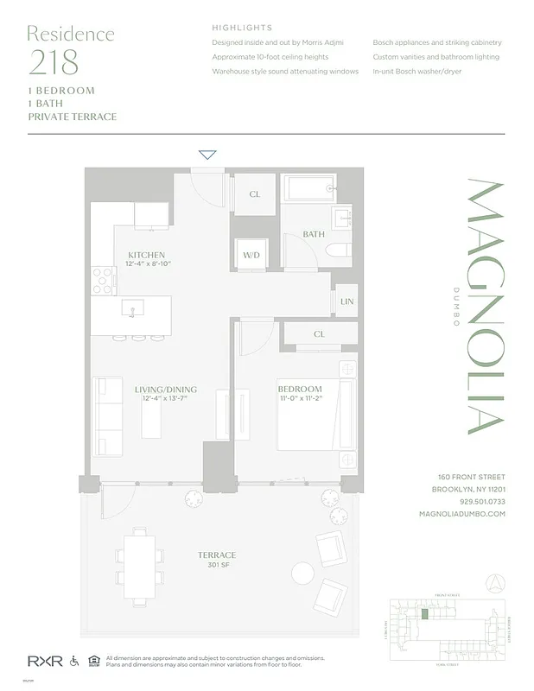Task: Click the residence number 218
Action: click(53, 63)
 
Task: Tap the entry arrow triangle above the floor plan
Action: click(207, 155)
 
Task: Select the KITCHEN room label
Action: click(146, 255)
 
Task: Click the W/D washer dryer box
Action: click(251, 256)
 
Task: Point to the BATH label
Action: click(313, 234)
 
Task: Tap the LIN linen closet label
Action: click(347, 301)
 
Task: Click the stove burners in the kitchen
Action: click(103, 279)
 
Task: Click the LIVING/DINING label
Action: click(162, 390)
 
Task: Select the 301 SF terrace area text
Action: click(216, 567)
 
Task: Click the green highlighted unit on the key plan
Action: click(424, 613)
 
